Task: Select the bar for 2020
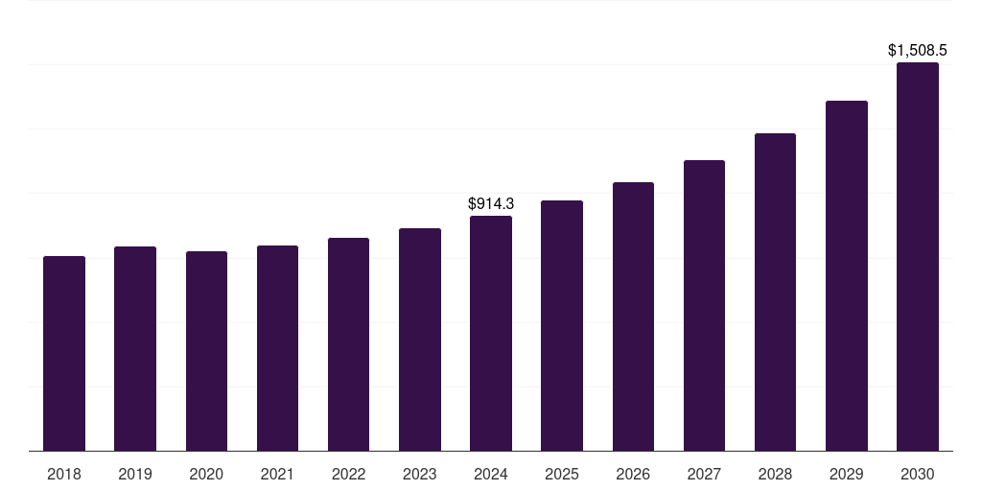(206, 351)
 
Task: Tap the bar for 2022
(348, 344)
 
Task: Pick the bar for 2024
(491, 333)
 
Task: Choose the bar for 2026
(633, 316)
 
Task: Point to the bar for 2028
(775, 292)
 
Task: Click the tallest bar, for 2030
(918, 257)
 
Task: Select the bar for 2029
(847, 275)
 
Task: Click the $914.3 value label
(491, 203)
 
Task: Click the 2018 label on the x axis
(64, 474)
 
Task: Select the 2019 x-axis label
(135, 474)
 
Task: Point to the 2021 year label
(277, 474)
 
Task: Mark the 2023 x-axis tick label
(420, 474)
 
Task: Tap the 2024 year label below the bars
(491, 474)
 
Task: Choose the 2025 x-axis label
(562, 474)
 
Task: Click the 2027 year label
(704, 474)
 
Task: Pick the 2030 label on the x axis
(918, 474)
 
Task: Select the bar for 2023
(420, 339)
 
